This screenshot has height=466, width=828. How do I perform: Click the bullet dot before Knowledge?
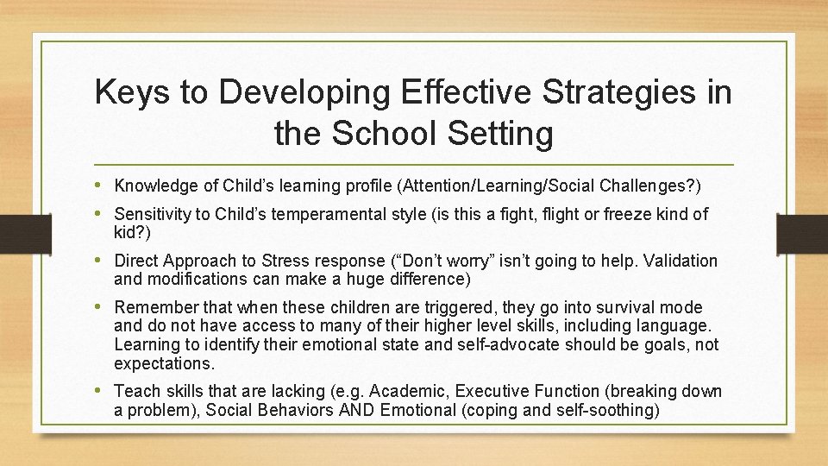tap(103, 185)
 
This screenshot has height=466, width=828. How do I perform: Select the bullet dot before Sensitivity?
tap(103, 212)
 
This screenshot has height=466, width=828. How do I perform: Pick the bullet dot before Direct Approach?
tap(103, 260)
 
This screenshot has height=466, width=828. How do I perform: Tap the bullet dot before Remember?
tap(103, 306)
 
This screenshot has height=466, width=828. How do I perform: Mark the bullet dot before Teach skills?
tap(103, 390)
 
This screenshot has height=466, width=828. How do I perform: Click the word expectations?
tap(164, 363)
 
